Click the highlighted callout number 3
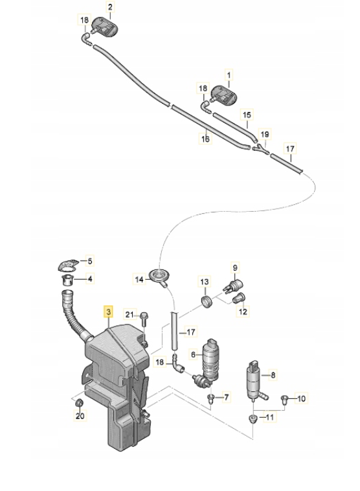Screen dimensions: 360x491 [109, 312]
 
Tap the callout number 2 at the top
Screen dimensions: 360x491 [110, 6]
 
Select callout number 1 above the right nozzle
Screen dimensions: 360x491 [229, 75]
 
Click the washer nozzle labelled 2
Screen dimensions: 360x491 [104, 26]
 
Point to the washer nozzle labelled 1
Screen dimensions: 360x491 [223, 95]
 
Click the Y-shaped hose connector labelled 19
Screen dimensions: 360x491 [261, 149]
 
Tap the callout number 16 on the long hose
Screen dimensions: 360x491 [205, 139]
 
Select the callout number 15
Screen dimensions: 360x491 [247, 115]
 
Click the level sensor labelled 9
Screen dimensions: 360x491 [234, 285]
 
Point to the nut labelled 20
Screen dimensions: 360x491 [80, 403]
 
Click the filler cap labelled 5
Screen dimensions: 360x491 [68, 265]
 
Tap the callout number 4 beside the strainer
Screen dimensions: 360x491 [90, 279]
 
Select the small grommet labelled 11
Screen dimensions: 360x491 [252, 419]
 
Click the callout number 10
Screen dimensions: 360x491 [301, 398]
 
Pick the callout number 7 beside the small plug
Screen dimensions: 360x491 [227, 397]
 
